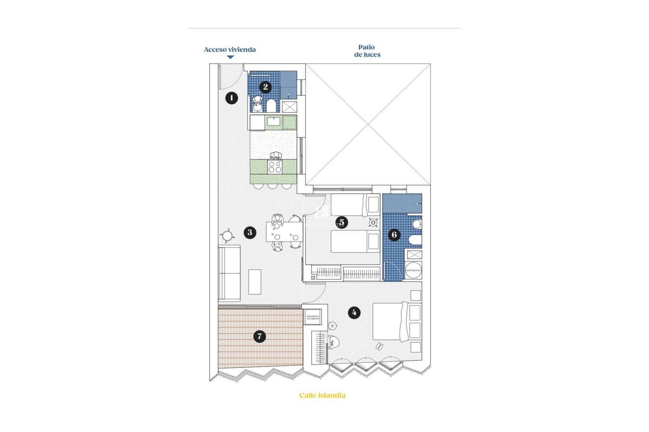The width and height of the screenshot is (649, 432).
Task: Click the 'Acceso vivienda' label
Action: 230,50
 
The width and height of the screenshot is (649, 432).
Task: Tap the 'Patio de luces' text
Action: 367,51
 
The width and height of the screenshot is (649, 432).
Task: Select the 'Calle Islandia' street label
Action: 322,395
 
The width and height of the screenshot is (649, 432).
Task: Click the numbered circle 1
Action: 232,98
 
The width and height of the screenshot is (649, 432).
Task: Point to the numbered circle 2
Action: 265,87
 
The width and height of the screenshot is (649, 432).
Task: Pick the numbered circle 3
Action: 250,232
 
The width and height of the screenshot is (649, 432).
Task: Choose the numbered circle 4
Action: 354,313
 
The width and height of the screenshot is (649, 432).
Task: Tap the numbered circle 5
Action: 342,222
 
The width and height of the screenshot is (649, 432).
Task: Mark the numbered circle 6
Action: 394,235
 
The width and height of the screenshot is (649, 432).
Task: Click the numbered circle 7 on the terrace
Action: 260,336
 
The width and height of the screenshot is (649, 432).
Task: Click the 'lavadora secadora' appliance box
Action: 313,317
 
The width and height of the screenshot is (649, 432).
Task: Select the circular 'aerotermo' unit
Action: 413,270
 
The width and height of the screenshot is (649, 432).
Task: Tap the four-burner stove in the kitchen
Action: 274,167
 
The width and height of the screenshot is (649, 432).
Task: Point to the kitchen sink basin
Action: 273,122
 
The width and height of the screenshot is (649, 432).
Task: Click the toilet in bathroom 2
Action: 271,106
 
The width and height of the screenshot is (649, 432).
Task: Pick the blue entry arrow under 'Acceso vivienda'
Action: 230,57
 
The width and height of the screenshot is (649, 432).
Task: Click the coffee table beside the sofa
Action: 255,282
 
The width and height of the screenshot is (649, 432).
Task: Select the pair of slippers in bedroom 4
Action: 379,346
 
